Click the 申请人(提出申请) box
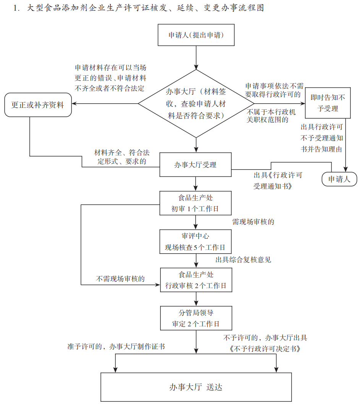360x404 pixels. (196, 35)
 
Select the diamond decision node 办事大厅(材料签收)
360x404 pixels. (196, 103)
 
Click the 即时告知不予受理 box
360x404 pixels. (328, 103)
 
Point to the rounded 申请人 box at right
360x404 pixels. (339, 179)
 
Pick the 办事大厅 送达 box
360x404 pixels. (196, 387)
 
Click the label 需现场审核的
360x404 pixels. (253, 222)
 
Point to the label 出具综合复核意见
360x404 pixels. (243, 260)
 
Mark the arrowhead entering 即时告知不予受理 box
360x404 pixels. (303, 104)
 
